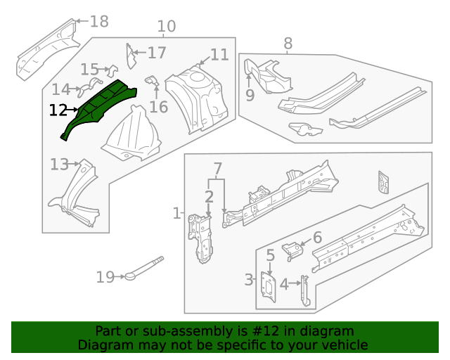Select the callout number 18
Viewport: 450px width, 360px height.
pyautogui.click(x=99, y=22)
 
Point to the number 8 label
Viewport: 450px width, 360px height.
pyautogui.click(x=288, y=44)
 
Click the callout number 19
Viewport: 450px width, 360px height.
pyautogui.click(x=105, y=278)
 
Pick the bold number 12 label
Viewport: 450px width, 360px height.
pyautogui.click(x=58, y=110)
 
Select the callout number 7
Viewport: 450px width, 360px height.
pyautogui.click(x=217, y=169)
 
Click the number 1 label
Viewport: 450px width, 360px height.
pyautogui.click(x=176, y=213)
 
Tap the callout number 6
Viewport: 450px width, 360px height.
pyautogui.click(x=317, y=238)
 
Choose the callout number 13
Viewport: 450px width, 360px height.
pyautogui.click(x=59, y=165)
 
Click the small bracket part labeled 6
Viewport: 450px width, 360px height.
pyautogui.click(x=290, y=250)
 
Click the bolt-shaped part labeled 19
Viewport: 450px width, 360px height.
pyautogui.click(x=144, y=269)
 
